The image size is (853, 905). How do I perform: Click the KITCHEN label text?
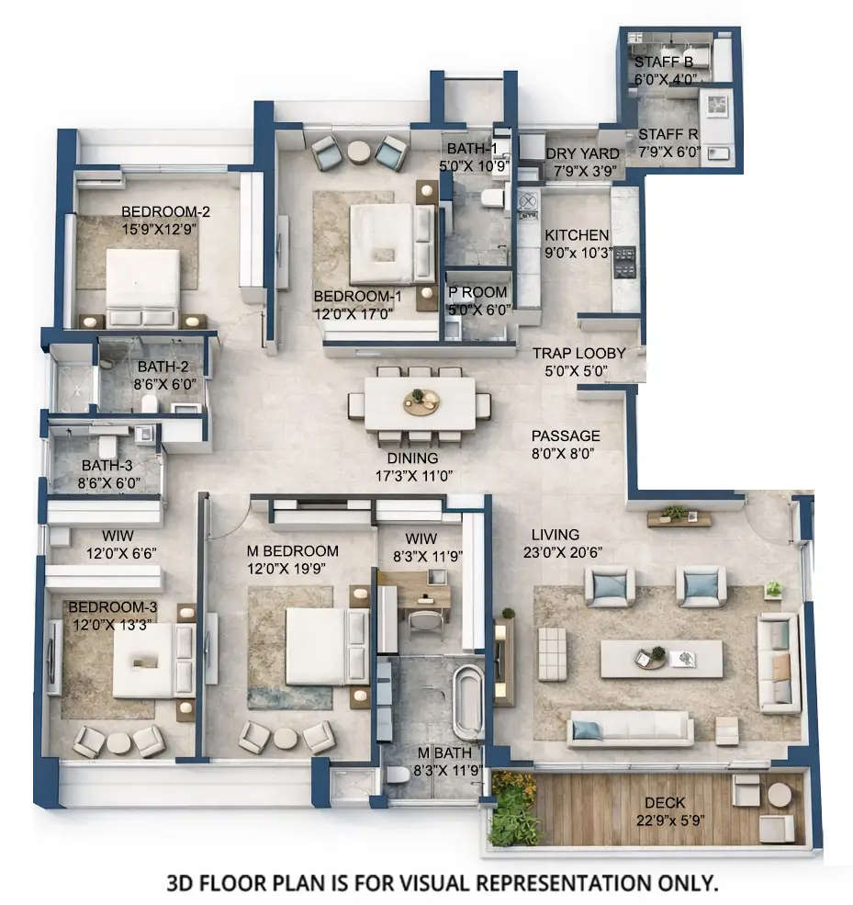(x=576, y=235)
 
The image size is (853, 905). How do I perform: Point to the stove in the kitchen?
(x=624, y=262)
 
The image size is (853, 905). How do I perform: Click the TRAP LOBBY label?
(x=579, y=353)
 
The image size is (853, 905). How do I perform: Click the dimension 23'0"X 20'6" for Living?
(x=567, y=552)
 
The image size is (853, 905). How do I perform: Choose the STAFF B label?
(x=664, y=62)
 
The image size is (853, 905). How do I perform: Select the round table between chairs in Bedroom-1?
(x=358, y=153)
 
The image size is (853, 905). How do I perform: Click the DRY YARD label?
(x=583, y=153)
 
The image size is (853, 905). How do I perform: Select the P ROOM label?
(x=477, y=293)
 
